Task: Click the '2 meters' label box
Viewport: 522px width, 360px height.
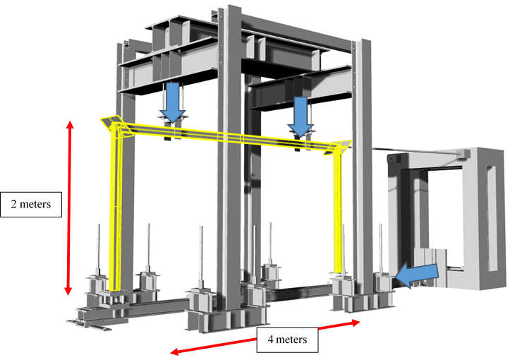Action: coord(31,205)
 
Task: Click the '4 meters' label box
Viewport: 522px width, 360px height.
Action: coord(287,340)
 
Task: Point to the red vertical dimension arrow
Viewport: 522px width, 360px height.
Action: coord(69,208)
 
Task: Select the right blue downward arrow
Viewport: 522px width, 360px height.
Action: coord(301,117)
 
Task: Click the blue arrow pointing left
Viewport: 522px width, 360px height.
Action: coord(417,273)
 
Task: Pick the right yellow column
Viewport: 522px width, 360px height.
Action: coord(338,213)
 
